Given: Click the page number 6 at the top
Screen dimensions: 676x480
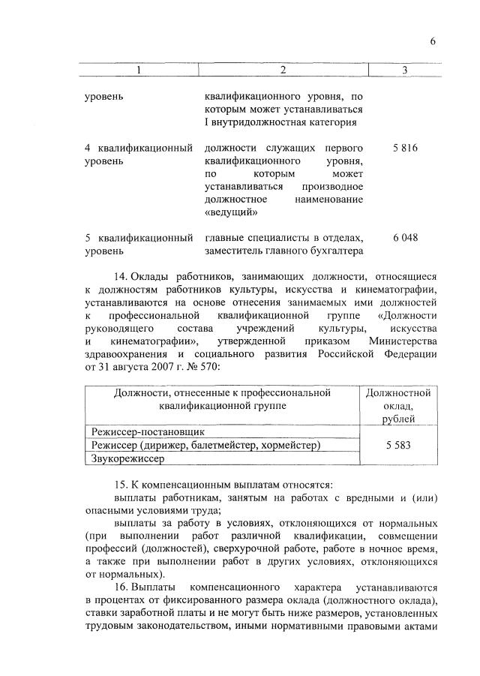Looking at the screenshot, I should tap(433, 41).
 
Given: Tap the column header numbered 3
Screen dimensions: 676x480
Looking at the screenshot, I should tap(404, 70).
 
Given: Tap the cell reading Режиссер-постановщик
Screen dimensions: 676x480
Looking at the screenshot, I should tap(147, 431).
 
